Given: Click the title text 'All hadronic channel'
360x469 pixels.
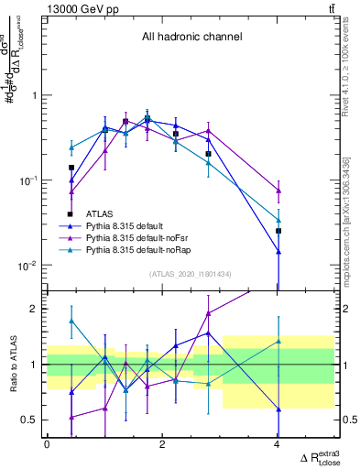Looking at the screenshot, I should tap(191, 38).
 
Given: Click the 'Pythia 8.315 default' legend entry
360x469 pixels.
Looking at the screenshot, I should tap(128, 225).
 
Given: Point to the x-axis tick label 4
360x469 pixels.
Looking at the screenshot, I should tap(278, 444).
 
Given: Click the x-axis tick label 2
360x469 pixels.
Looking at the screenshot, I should tap(162, 444).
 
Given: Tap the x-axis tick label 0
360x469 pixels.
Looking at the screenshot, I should tap(47, 444).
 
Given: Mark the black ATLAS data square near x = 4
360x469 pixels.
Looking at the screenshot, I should tap(278, 231).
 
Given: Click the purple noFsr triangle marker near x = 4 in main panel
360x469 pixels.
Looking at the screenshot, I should tap(278, 191).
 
